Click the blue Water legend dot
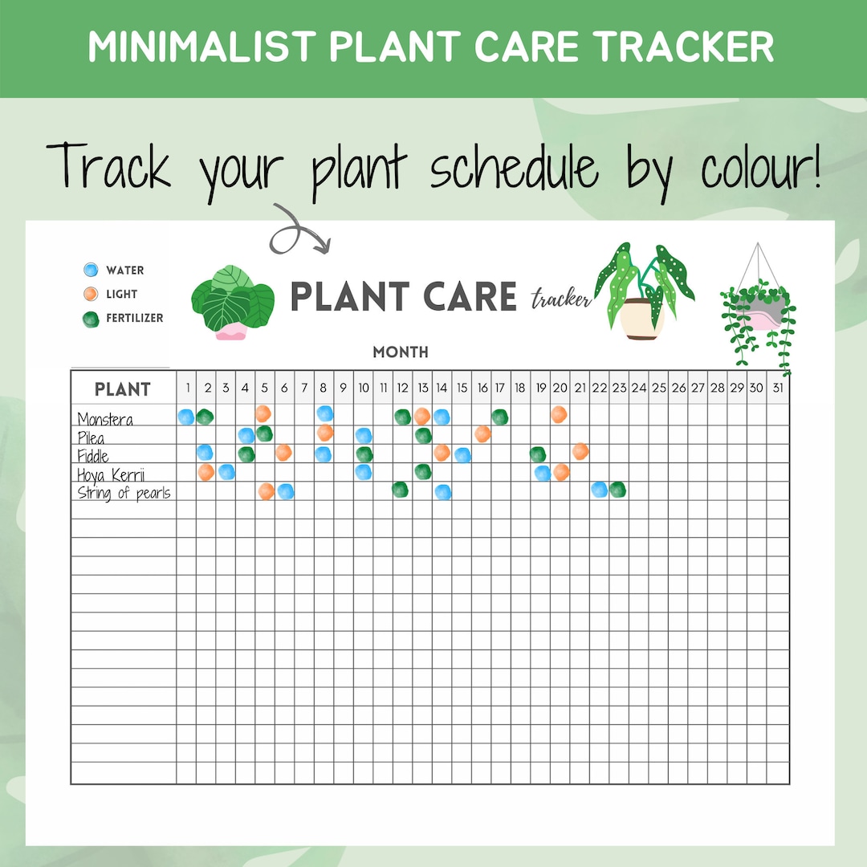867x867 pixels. click(91, 271)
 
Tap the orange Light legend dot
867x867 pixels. click(91, 294)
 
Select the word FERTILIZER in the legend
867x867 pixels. click(134, 318)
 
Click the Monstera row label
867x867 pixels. click(105, 419)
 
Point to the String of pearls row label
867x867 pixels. click(124, 492)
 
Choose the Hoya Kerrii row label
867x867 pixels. click(111, 474)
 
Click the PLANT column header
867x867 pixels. click(123, 389)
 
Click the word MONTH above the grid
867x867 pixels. click(401, 352)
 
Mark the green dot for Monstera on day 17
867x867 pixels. click(499, 416)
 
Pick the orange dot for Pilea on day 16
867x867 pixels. click(482, 433)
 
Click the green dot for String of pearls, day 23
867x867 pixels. click(617, 489)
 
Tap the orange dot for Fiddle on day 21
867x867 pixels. click(580, 451)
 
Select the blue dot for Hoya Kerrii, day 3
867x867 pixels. click(226, 471)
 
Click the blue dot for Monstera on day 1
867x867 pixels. click(186, 417)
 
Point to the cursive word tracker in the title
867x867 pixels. click(560, 299)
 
